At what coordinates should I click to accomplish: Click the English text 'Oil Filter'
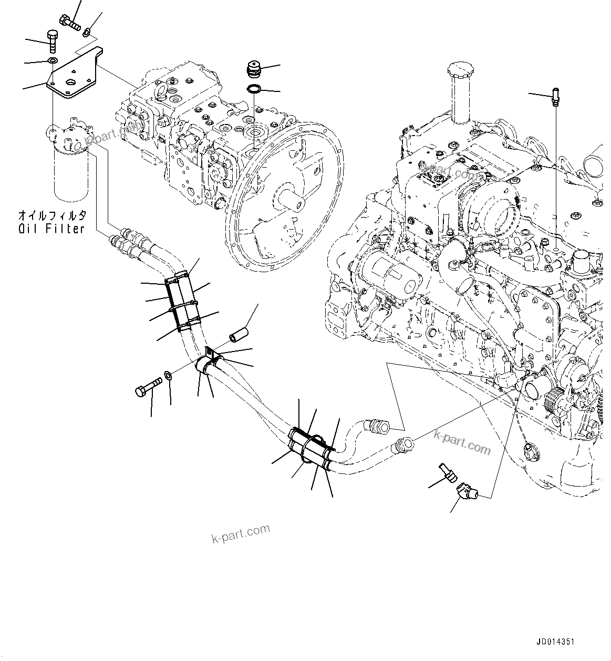pyautogui.click(x=51, y=229)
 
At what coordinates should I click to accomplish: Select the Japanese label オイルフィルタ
pyautogui.click(x=51, y=215)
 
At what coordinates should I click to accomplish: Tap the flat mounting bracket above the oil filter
pyautogui.click(x=77, y=73)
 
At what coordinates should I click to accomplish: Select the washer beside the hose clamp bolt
pyautogui.click(x=167, y=375)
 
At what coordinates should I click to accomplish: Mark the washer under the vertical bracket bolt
pyautogui.click(x=53, y=62)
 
